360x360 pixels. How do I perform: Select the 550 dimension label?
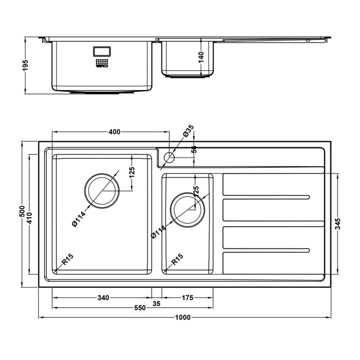click(139, 308)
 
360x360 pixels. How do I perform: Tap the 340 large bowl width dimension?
click(103, 297)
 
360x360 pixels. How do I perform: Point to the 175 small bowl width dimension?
click(187, 297)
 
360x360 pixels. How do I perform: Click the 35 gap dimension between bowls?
click(157, 304)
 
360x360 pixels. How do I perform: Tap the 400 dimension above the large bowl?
click(114, 132)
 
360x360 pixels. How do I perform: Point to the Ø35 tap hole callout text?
click(188, 131)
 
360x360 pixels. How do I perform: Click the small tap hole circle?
click(169, 157)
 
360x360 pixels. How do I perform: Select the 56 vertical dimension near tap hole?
click(194, 150)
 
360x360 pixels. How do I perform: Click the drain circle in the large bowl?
click(102, 190)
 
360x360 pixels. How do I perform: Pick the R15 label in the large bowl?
click(67, 260)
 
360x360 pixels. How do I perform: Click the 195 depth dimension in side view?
click(26, 65)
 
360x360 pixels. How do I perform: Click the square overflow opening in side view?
click(101, 51)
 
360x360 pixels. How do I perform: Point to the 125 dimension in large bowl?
click(132, 172)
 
